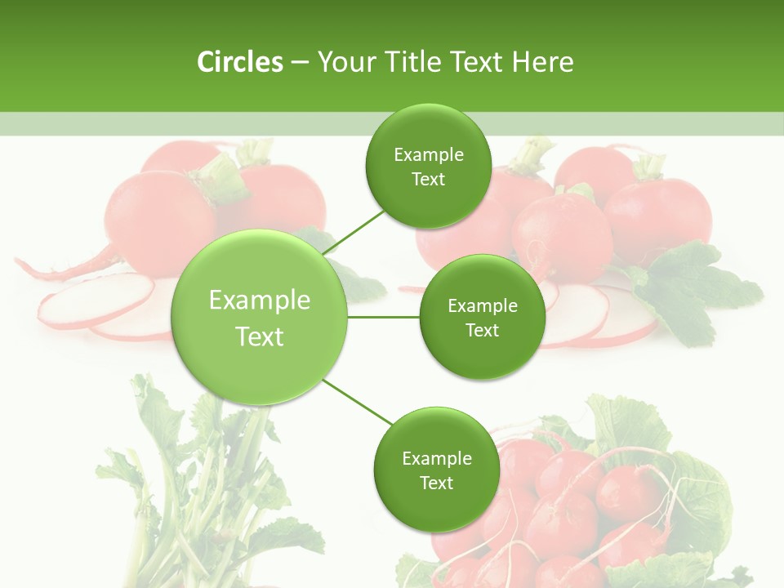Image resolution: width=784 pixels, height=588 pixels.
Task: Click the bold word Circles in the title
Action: pyautogui.click(x=239, y=62)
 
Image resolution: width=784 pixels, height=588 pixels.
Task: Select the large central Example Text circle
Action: pyautogui.click(x=260, y=317)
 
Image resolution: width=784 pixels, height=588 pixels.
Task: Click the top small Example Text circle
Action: pyautogui.click(x=428, y=166)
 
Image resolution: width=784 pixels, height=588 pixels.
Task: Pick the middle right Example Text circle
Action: pyautogui.click(x=482, y=317)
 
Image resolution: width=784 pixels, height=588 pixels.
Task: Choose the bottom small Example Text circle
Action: pyautogui.click(x=436, y=470)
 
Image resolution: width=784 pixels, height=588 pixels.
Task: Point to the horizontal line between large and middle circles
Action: pyautogui.click(x=384, y=317)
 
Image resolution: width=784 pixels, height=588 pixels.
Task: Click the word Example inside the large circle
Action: pyautogui.click(x=260, y=301)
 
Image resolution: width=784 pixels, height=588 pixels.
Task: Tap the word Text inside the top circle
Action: pyautogui.click(x=428, y=179)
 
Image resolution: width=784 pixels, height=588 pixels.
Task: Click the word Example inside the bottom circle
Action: pyautogui.click(x=436, y=458)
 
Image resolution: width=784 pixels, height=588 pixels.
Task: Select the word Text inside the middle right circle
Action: pyautogui.click(x=482, y=330)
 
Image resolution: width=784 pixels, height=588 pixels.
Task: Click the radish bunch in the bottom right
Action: pyautogui.click(x=572, y=506)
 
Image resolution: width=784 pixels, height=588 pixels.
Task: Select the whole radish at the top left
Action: pyautogui.click(x=159, y=212)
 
